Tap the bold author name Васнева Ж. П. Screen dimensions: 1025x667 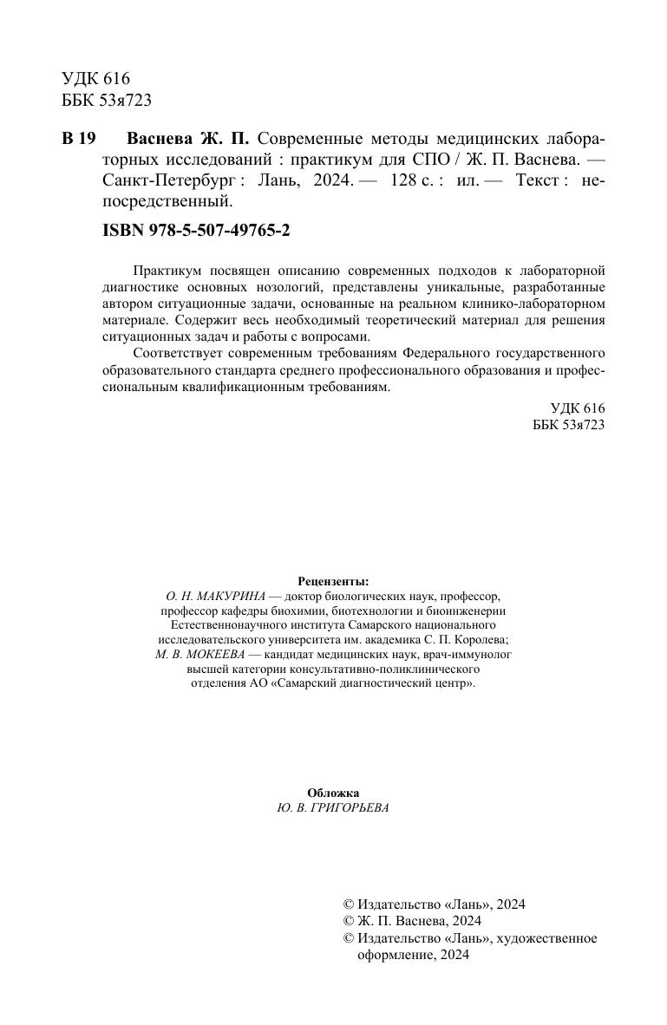188,139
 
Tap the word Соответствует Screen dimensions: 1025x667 174,354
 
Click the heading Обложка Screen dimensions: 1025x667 333,793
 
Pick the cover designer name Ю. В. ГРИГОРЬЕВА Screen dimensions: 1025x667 333,807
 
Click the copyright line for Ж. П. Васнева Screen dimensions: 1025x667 412,921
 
